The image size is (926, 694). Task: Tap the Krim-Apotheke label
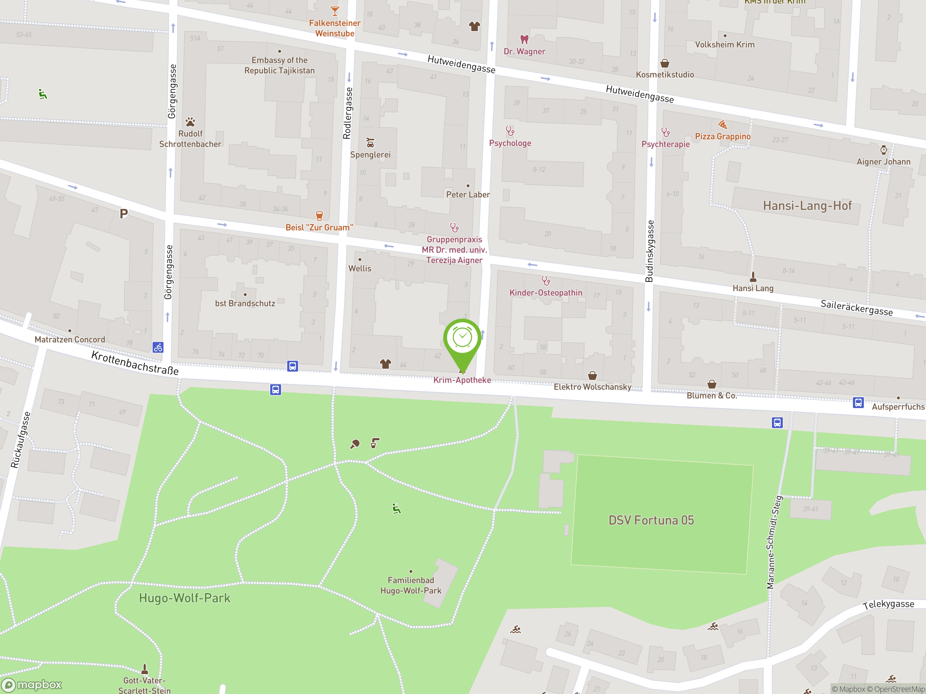click(x=462, y=380)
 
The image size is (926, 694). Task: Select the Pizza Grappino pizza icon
click(x=723, y=125)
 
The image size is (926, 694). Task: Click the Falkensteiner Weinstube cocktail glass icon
click(x=335, y=11)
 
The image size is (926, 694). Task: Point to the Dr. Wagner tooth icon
click(x=524, y=40)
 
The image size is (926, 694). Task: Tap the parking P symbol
click(x=123, y=214)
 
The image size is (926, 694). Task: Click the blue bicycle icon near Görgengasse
click(x=158, y=347)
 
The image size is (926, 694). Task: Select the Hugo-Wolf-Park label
click(x=184, y=598)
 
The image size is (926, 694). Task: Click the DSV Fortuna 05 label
click(x=651, y=520)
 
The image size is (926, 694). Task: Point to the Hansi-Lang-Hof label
click(x=807, y=205)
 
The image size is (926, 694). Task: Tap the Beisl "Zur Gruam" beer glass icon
click(x=319, y=216)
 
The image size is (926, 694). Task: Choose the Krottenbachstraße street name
click(x=135, y=363)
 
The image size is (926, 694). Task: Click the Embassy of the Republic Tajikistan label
click(x=279, y=65)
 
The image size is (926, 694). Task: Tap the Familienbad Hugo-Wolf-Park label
click(x=411, y=585)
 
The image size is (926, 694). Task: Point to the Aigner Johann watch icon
click(x=883, y=150)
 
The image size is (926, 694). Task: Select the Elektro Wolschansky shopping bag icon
click(x=592, y=375)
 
